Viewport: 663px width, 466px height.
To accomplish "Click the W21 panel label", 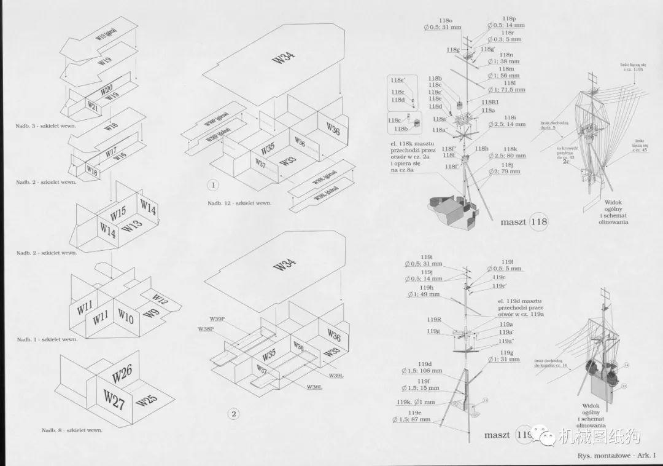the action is (91, 106).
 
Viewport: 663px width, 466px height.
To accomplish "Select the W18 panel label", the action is (91, 169).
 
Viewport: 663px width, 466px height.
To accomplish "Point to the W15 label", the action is (118, 214).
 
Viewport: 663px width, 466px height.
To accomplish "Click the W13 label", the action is (132, 227).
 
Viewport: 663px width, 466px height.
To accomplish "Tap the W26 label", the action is (123, 374).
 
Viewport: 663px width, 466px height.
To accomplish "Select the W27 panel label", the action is (114, 396).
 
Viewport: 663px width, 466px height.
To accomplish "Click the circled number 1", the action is (213, 184).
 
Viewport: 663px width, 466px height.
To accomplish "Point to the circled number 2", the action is (233, 414).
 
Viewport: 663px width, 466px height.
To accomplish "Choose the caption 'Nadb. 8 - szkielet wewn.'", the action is (72, 430).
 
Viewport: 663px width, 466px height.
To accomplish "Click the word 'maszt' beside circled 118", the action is (513, 222).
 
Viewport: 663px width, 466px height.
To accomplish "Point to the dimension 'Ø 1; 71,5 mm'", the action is (506, 90).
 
